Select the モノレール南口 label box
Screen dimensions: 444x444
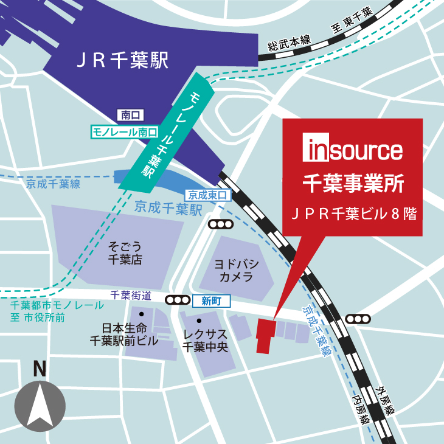[x=124, y=131]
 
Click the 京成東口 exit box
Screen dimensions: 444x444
[x=209, y=196]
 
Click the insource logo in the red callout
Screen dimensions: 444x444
[x=352, y=150]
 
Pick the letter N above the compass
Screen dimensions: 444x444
[x=40, y=368]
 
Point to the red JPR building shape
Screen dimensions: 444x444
[x=266, y=335]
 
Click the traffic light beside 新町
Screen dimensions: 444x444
[x=177, y=300]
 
